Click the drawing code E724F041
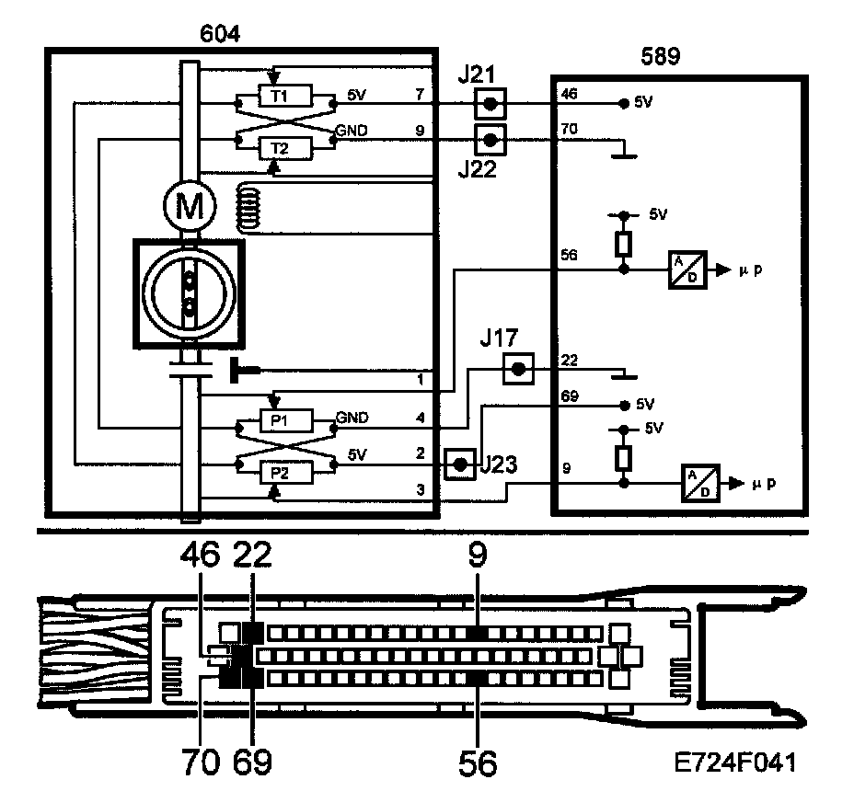733,762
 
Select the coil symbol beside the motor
249,207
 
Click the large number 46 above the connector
201,556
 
